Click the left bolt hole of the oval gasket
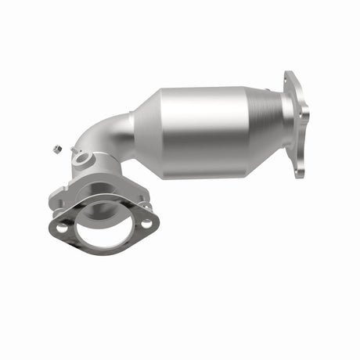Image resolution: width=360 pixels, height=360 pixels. [x=62, y=228]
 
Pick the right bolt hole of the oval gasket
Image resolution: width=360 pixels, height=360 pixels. [x=147, y=223]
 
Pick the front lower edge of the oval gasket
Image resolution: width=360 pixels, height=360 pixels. [x=102, y=253]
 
